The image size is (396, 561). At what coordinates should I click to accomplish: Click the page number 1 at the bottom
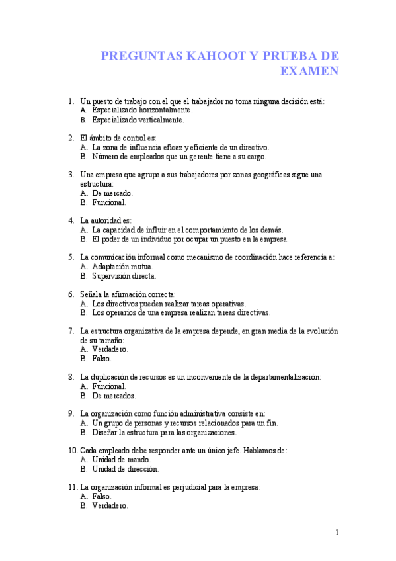click(337, 532)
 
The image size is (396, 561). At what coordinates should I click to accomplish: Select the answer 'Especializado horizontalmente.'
click(142, 110)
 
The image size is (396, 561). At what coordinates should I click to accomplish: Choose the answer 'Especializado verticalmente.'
click(138, 120)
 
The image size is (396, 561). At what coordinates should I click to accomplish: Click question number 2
click(71, 138)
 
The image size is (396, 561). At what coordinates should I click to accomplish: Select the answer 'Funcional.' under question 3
click(109, 202)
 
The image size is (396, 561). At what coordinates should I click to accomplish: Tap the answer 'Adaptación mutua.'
click(122, 266)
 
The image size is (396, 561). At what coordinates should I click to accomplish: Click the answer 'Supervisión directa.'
click(124, 276)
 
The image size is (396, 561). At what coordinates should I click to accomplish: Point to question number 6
click(71, 293)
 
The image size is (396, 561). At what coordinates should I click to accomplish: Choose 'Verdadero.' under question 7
click(110, 349)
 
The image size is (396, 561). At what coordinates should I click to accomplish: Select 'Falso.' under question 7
click(102, 358)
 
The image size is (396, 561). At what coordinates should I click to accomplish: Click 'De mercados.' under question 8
click(114, 396)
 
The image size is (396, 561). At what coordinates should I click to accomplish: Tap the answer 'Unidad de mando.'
click(122, 459)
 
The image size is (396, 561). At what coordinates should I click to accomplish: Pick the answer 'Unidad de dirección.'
click(126, 469)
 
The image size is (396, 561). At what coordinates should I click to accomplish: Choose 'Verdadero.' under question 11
click(110, 505)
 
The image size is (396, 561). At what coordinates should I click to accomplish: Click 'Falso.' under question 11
click(102, 496)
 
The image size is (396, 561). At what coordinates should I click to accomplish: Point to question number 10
click(73, 450)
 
